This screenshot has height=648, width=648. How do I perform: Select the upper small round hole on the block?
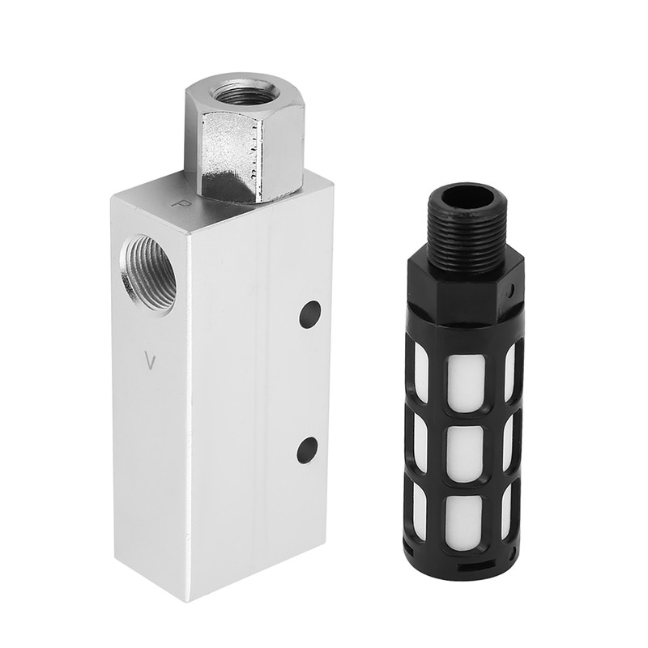tap(308, 314)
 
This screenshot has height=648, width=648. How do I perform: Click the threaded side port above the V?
tap(148, 274)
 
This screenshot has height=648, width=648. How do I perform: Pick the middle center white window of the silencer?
tap(466, 450)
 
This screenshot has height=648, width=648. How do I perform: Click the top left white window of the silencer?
tap(421, 369)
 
